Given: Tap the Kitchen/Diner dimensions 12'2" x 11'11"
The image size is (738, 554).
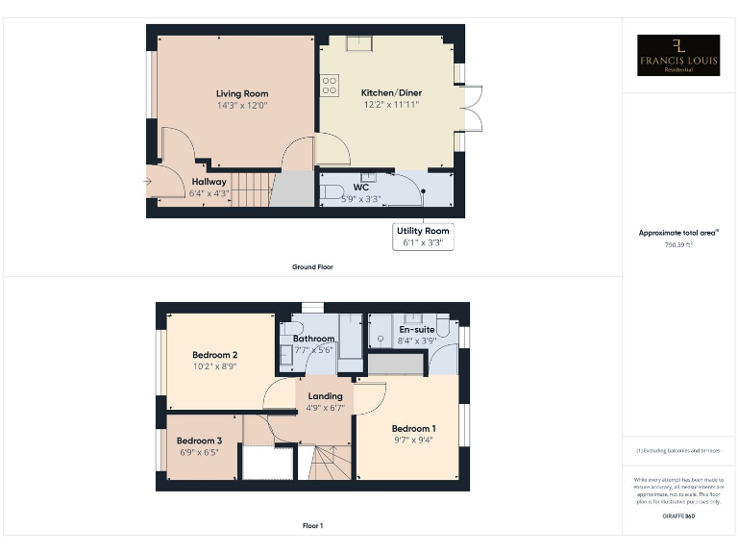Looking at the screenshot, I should tap(390, 104).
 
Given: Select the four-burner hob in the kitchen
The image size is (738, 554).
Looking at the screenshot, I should tap(329, 86).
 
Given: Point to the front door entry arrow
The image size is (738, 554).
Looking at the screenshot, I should tap(148, 180).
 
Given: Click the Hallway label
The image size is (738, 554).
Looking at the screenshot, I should tap(209, 181).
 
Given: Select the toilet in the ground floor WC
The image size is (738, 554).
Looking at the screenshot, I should tap(330, 190).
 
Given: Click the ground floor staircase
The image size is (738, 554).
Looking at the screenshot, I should tap(253, 189).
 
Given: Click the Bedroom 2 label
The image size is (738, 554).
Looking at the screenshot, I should tap(214, 354).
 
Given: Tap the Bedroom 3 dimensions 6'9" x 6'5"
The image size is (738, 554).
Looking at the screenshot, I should tap(200, 451).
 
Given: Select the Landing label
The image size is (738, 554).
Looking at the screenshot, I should tap(325, 395).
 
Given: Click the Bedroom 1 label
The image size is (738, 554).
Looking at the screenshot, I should tap(413, 428).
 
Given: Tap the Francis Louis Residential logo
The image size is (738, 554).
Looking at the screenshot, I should tap(678, 56).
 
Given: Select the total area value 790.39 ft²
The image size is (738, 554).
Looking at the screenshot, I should tap(678, 244).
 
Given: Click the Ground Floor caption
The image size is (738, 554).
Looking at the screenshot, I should tap(312, 266).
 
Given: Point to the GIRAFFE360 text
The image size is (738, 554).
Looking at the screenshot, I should tap(678, 516).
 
